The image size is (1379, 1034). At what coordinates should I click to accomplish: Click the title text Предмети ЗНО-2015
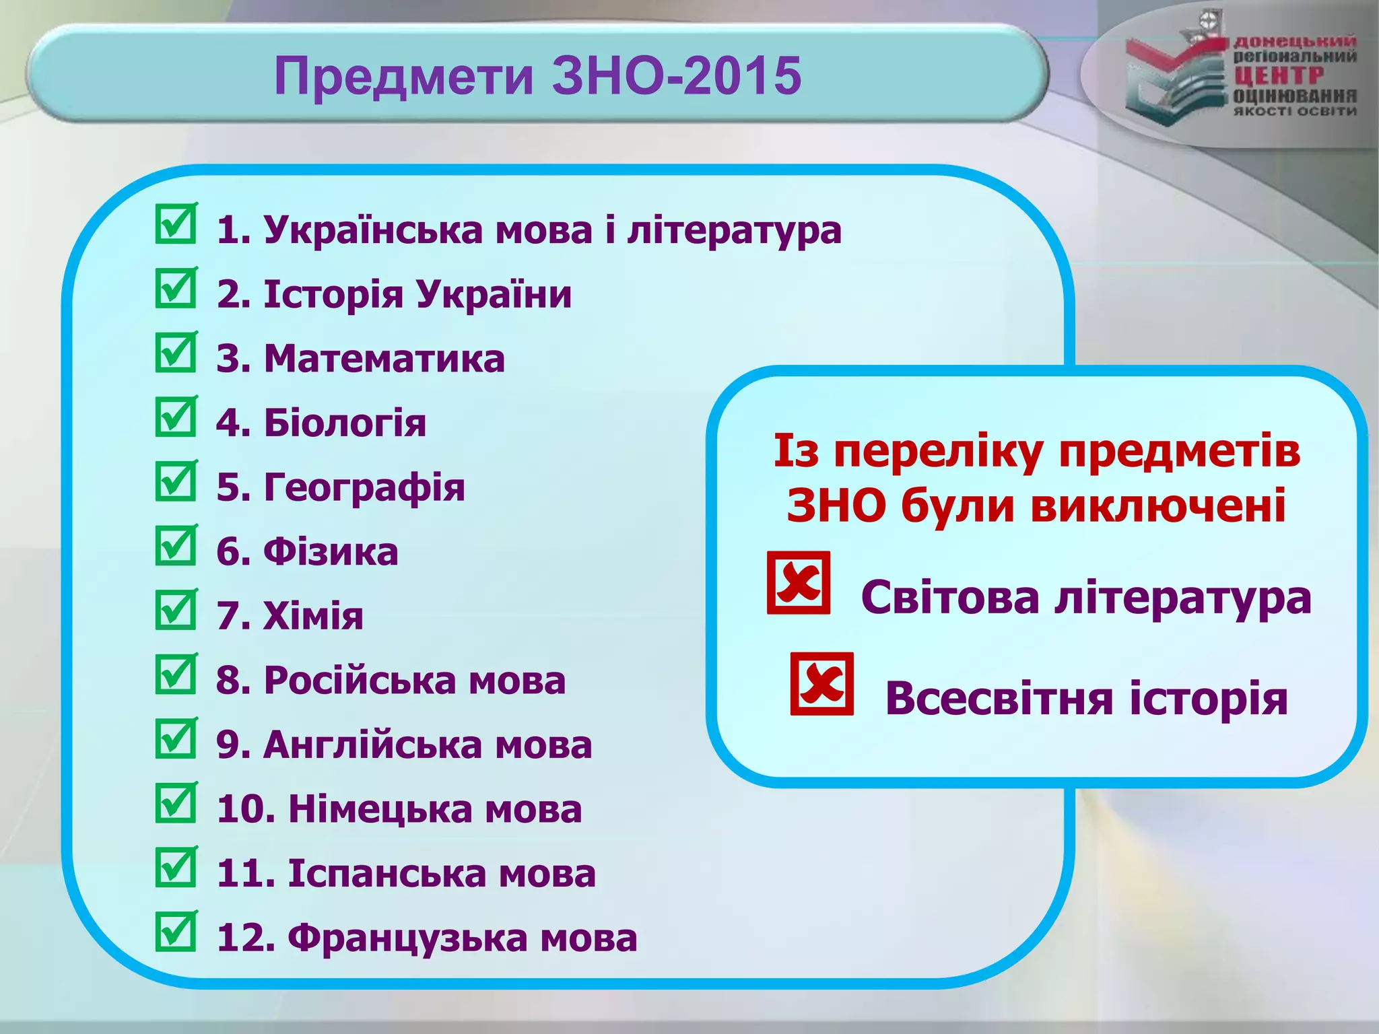coord(537,75)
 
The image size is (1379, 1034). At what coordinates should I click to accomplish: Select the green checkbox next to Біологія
coord(176,417)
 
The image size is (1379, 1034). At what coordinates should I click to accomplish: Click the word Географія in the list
coord(364,487)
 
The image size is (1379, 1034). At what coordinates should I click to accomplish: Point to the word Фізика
coord(331,552)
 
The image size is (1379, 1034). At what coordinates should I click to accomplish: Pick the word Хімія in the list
coord(313,616)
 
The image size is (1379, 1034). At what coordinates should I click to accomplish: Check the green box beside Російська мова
coord(176,675)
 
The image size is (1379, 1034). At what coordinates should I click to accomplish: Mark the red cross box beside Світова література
coord(799,583)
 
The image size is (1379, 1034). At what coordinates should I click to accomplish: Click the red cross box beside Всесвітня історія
coord(821,684)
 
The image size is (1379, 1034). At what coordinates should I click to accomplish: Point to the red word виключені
coord(1158,506)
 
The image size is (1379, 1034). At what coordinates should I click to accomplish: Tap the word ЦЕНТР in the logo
coord(1278,76)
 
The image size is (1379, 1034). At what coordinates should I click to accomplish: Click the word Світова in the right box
coord(950,598)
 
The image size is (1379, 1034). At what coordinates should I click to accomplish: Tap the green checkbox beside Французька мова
coord(176,932)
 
